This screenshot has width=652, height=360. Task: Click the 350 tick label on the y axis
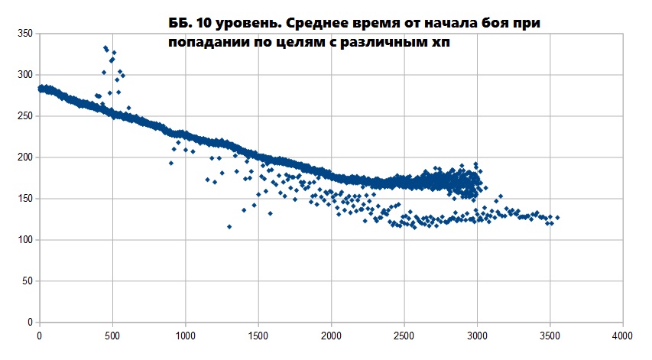click(x=24, y=34)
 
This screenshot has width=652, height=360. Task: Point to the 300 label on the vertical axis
click(x=24, y=75)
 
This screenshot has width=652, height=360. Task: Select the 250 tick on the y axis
click(x=24, y=116)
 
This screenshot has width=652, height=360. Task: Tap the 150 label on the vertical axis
click(x=24, y=199)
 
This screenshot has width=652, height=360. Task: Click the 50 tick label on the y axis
click(x=27, y=281)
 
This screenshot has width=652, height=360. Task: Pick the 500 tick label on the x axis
click(x=112, y=335)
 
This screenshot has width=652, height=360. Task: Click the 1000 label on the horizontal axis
click(x=185, y=335)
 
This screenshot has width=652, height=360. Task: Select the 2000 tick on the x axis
click(x=331, y=335)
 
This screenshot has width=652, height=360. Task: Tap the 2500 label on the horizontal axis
click(x=404, y=335)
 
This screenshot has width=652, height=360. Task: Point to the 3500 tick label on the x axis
click(x=550, y=335)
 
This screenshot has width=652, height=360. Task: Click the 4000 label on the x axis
click(x=622, y=335)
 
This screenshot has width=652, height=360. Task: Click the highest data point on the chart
click(x=105, y=47)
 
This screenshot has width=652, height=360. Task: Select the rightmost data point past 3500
click(x=557, y=218)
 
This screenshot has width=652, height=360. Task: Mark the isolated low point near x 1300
click(x=229, y=226)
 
